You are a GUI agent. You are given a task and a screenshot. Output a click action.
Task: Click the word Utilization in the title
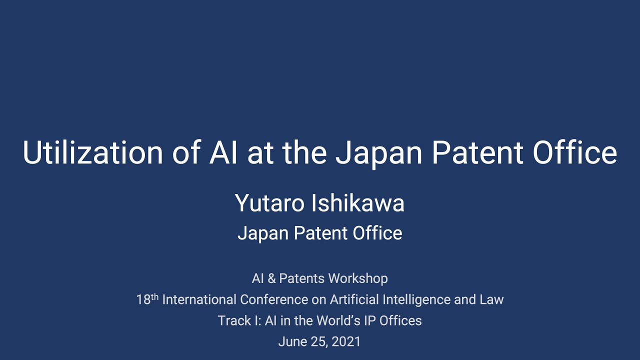click(92, 152)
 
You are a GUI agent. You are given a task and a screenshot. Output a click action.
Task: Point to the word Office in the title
click(574, 152)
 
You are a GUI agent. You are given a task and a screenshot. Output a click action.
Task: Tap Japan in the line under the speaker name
click(262, 233)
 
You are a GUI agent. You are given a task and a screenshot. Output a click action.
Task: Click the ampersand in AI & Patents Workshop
click(271, 278)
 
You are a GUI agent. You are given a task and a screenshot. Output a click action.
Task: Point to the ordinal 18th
click(147, 299)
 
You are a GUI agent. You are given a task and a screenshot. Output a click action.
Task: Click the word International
click(199, 299)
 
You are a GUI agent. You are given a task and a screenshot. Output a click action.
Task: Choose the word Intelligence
click(421, 299)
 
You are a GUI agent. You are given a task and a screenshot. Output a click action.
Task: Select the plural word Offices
click(400, 320)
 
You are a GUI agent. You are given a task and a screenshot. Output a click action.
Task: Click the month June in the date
click(291, 342)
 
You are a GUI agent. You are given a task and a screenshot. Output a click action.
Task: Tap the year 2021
click(346, 342)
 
